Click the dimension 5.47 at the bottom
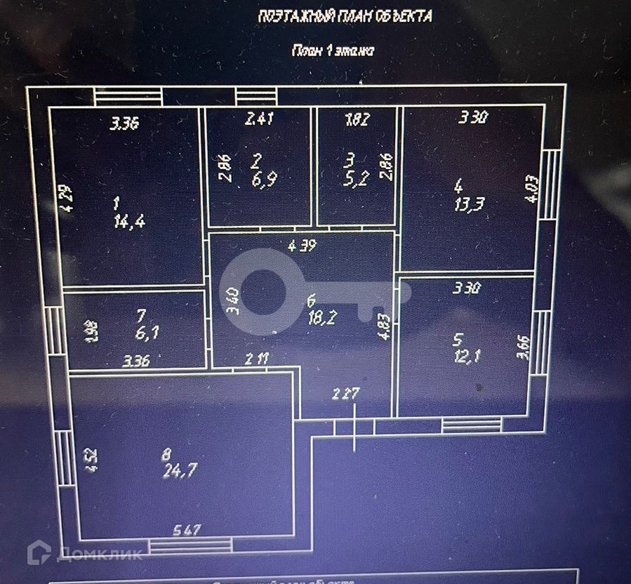[187, 530]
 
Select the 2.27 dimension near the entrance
[345, 394]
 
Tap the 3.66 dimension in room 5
[523, 346]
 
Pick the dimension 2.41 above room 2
[258, 119]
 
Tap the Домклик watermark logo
[85, 554]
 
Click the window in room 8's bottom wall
[190, 545]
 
